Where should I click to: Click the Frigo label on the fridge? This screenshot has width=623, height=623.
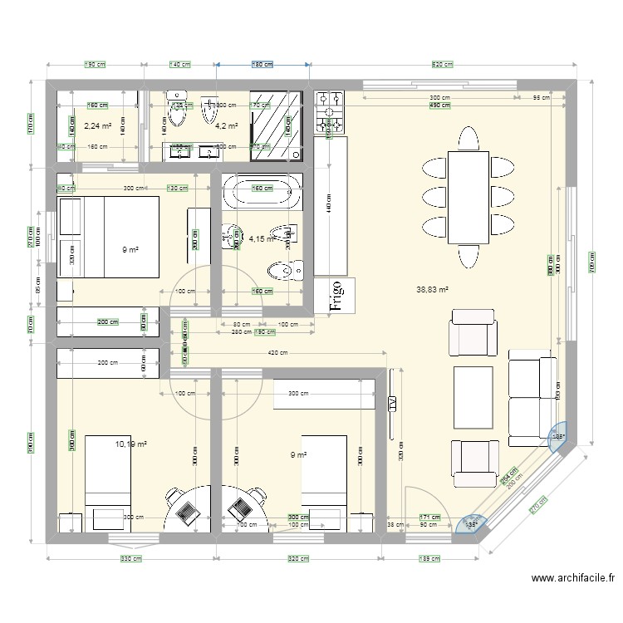336,295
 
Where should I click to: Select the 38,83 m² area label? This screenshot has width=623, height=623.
432,290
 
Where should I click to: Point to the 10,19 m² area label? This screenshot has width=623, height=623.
131,444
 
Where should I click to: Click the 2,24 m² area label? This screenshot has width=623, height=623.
97,126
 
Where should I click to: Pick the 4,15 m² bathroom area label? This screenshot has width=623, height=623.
262,239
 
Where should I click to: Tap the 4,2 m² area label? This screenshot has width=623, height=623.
227,126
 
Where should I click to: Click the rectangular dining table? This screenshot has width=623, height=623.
468,198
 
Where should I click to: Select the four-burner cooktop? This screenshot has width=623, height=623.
329,114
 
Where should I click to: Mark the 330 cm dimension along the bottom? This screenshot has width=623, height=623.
131,559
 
